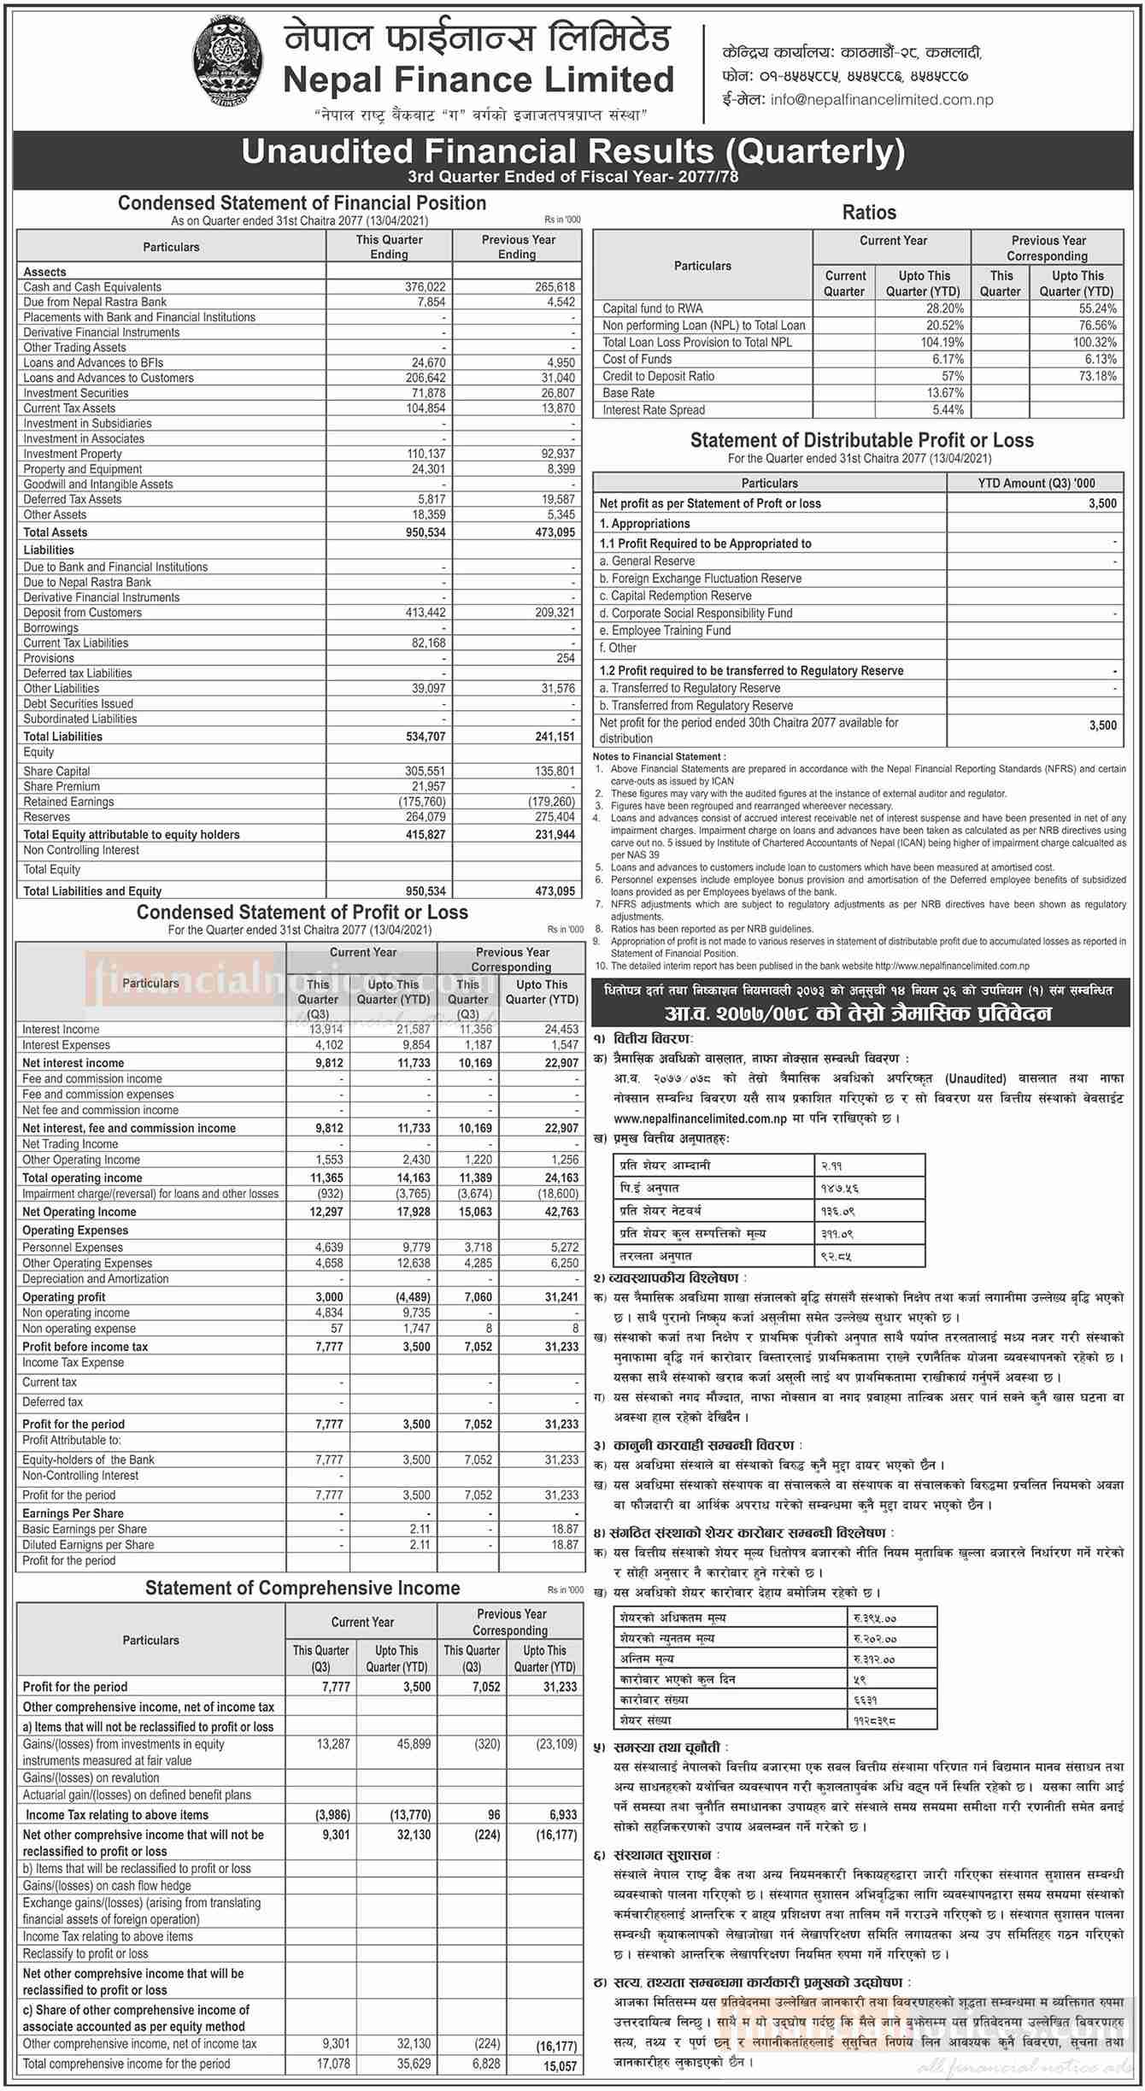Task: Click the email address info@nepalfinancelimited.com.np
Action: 881,99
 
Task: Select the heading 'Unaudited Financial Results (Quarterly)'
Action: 572,151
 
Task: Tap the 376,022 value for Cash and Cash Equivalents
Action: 425,287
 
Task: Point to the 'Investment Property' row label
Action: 73,454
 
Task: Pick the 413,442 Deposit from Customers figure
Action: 425,613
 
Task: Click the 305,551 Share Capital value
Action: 426,771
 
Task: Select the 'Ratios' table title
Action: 869,212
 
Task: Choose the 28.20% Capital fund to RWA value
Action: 943,308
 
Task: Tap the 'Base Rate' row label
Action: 628,393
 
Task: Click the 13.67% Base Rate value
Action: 943,393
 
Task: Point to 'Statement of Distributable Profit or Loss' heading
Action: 861,441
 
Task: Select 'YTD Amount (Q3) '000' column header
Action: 1036,483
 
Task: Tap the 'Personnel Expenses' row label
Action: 73,1248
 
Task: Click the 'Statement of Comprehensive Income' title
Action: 302,1588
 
